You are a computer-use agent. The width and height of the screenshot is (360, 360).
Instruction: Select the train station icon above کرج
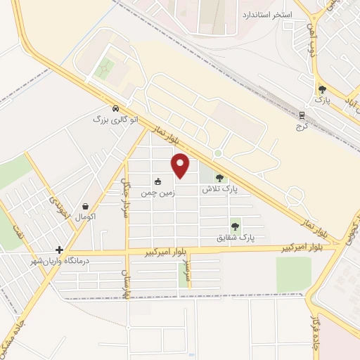click(x=303, y=115)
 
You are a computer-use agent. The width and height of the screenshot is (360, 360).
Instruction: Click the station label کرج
click(x=303, y=127)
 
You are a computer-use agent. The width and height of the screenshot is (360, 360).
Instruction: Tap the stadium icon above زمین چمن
click(x=157, y=180)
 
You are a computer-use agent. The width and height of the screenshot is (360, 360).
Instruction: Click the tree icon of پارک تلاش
click(x=219, y=178)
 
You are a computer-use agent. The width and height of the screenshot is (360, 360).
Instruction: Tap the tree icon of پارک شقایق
click(x=235, y=226)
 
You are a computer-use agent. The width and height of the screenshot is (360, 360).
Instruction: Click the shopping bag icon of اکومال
click(x=86, y=207)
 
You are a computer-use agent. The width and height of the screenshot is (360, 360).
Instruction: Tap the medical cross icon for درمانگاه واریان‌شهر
click(x=60, y=250)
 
